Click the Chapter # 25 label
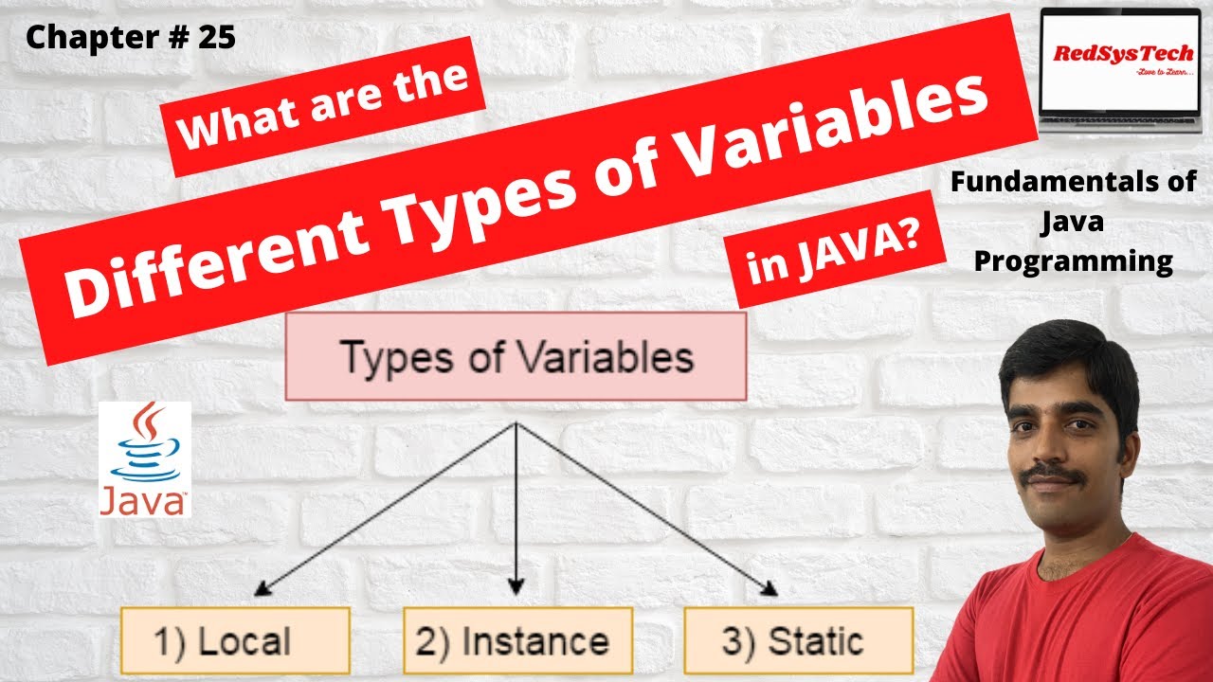(x=130, y=37)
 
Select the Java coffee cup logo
(x=144, y=459)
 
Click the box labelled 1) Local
(x=235, y=640)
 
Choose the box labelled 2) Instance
(x=516, y=640)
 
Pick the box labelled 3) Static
(x=798, y=640)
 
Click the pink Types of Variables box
(x=516, y=356)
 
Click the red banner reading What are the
(x=325, y=106)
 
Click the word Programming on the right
(x=1074, y=260)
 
